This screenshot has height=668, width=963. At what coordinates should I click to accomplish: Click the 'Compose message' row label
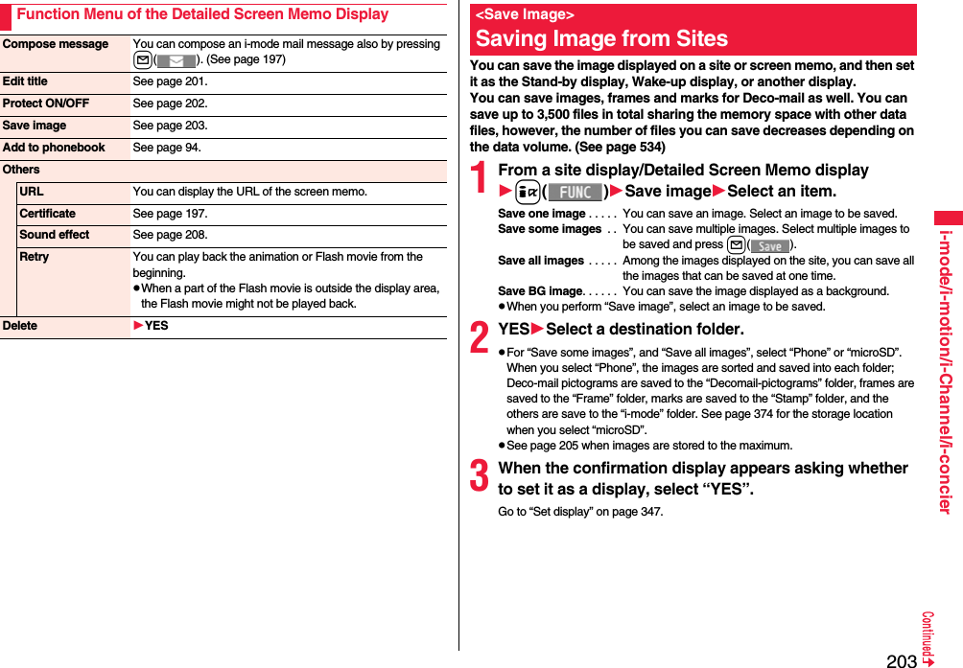tap(56, 44)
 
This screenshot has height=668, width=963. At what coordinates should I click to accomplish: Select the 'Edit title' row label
tap(25, 81)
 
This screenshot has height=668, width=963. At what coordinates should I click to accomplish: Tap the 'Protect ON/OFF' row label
tap(45, 104)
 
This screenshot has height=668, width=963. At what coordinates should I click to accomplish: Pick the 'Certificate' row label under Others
tap(47, 214)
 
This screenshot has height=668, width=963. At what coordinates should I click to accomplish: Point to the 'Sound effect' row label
tap(54, 235)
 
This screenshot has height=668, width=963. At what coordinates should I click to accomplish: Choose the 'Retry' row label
tap(34, 257)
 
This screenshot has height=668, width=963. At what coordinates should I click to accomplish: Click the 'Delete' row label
tap(19, 326)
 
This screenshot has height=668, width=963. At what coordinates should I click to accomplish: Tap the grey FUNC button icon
tap(575, 192)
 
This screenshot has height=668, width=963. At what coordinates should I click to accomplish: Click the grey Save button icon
tap(769, 246)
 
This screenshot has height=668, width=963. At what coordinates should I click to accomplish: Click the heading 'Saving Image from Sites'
tap(601, 38)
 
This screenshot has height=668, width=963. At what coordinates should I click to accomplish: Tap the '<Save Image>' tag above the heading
tap(525, 14)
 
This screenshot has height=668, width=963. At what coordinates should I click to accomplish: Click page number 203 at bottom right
tap(901, 660)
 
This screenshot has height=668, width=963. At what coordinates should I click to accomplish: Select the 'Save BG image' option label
tap(540, 291)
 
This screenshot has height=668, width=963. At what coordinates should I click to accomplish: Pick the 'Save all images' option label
tap(540, 261)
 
